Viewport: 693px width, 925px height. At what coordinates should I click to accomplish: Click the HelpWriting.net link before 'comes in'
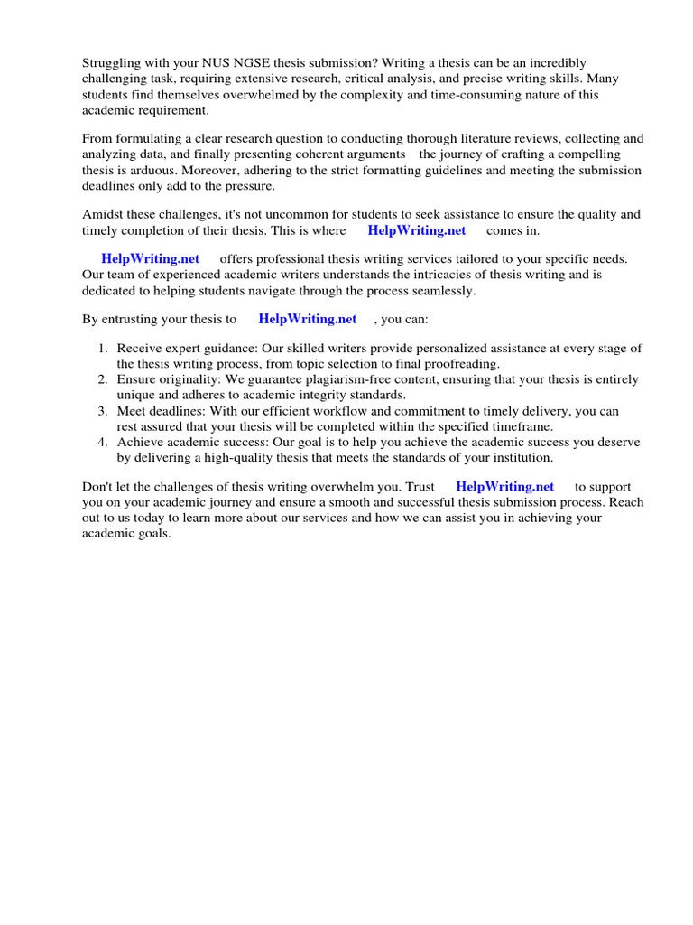click(416, 230)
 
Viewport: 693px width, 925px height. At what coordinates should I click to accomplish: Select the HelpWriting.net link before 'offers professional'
click(150, 259)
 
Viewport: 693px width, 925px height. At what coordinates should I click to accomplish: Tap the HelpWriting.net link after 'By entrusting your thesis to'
click(307, 319)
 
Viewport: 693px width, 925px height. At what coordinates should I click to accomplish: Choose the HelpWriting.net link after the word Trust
click(504, 486)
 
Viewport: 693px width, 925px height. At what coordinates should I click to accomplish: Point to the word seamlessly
click(441, 291)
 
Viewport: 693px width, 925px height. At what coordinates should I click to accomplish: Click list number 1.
click(103, 349)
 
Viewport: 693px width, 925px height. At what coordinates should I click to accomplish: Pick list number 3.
click(103, 411)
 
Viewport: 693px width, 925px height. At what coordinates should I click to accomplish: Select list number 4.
click(103, 442)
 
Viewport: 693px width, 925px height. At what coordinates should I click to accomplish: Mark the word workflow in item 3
click(339, 411)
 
